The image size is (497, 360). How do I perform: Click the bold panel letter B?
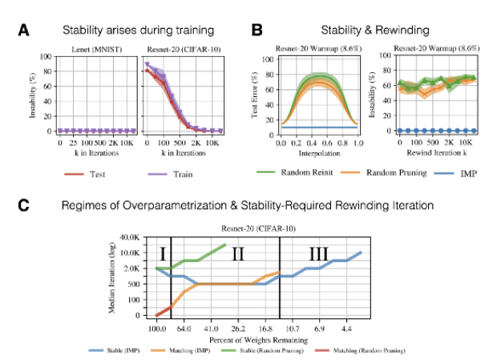(257, 30)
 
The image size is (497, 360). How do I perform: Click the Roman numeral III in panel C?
(318, 255)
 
